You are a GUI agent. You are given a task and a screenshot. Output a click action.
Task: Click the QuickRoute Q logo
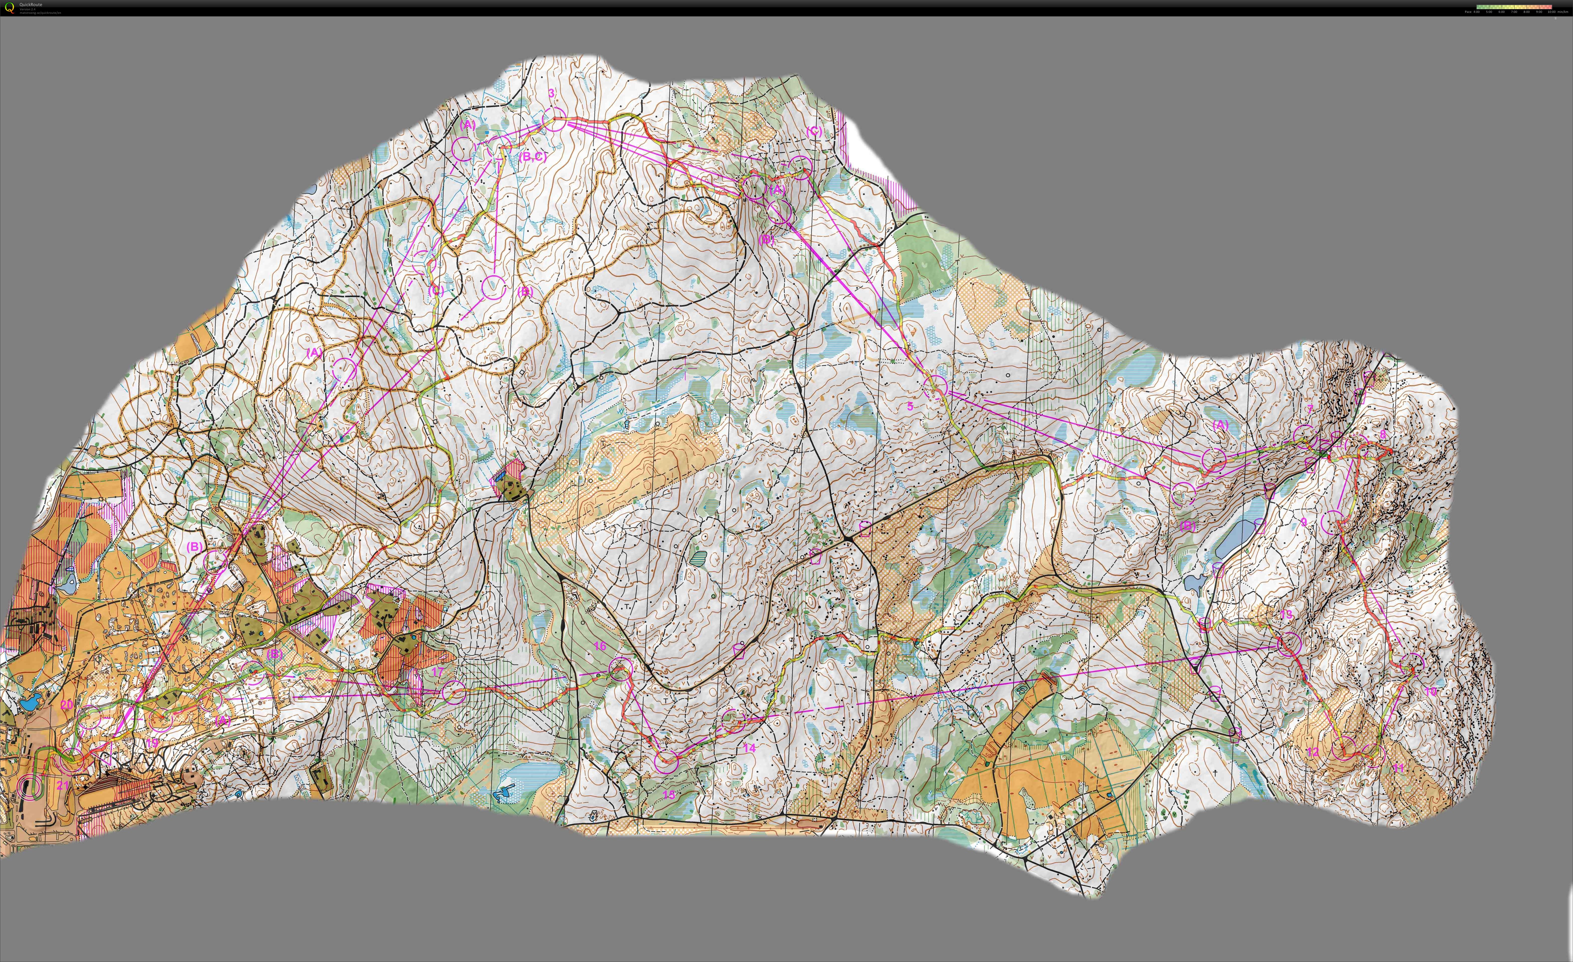coord(9,8)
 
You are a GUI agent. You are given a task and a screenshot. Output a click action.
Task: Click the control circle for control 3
coord(554,119)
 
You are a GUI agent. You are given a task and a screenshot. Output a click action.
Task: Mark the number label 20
coord(66,705)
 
